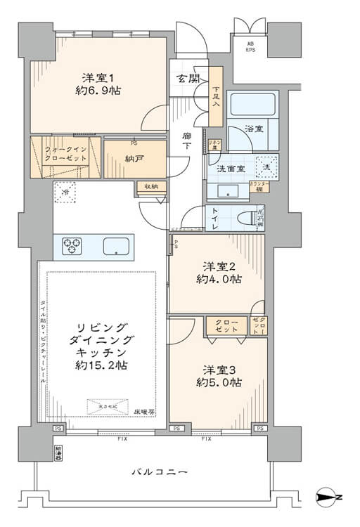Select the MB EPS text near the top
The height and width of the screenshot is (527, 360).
click(x=250, y=48)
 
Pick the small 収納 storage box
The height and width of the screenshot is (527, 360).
click(x=151, y=186)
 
